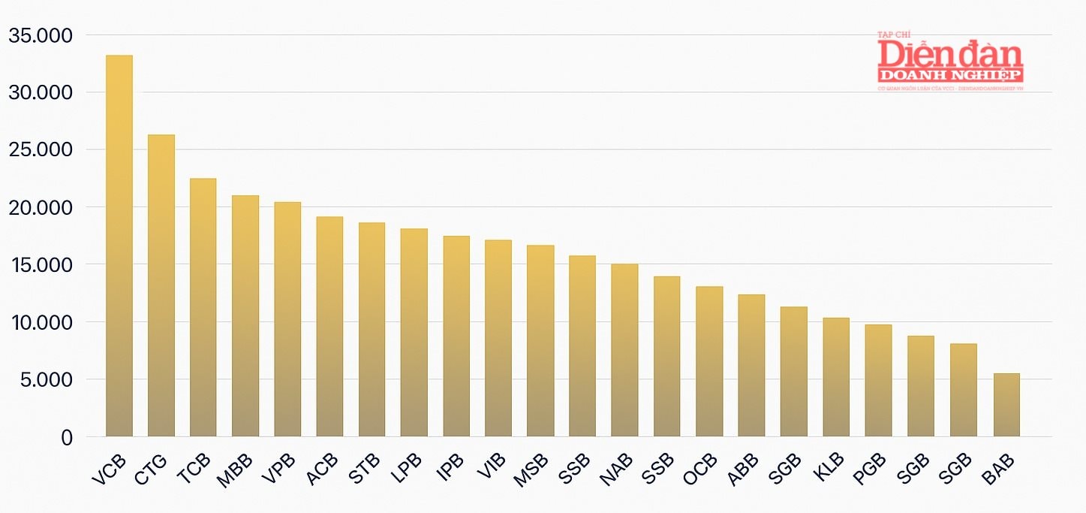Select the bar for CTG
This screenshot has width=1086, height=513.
coord(161,285)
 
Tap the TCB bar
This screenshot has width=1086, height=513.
coord(203,307)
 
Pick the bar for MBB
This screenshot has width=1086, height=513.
coord(245,315)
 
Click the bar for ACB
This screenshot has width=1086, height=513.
coord(329,327)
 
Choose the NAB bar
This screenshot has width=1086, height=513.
coord(624,350)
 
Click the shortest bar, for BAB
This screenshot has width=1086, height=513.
coord(1006,405)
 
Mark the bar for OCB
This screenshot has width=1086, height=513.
coord(709,361)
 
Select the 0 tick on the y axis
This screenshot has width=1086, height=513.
coord(67,438)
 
